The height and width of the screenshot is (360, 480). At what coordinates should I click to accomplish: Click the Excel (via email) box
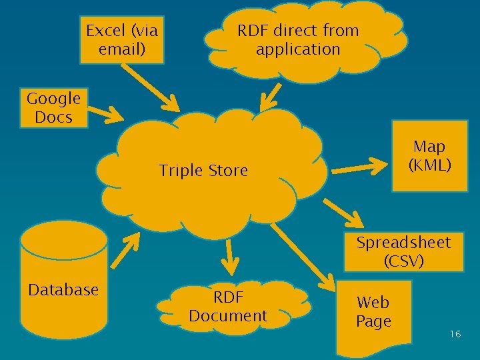pyautogui.click(x=122, y=39)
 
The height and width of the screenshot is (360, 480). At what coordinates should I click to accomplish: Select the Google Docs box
pyautogui.click(x=53, y=108)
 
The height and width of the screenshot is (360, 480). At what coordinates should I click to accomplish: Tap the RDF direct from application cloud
pyautogui.click(x=299, y=40)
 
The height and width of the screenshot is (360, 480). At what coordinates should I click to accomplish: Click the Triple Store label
pyautogui.click(x=203, y=171)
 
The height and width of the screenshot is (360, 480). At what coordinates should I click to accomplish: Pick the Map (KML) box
pyautogui.click(x=429, y=156)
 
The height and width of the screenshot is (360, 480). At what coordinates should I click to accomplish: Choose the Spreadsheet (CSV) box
pyautogui.click(x=403, y=252)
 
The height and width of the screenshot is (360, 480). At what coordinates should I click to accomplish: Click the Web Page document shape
pyautogui.click(x=373, y=313)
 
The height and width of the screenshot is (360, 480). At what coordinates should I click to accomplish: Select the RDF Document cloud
pyautogui.click(x=228, y=307)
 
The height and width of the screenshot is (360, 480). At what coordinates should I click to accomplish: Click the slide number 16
pyautogui.click(x=455, y=334)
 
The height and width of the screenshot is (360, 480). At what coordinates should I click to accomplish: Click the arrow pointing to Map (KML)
pyautogui.click(x=361, y=167)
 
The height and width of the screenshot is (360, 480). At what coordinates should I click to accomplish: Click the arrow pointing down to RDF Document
pyautogui.click(x=229, y=257)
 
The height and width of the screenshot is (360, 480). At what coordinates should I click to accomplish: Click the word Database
pyautogui.click(x=63, y=290)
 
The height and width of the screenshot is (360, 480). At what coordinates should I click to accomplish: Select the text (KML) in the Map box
pyautogui.click(x=429, y=165)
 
